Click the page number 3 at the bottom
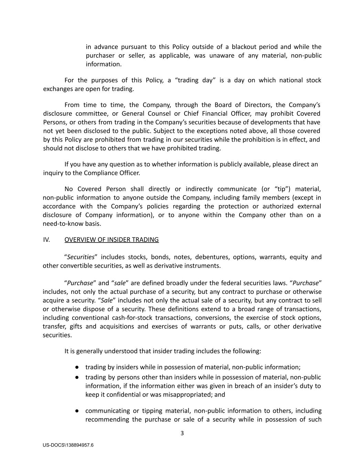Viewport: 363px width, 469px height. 182,433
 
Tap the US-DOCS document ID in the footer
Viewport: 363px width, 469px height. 68,445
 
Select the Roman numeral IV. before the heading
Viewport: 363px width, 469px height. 46,239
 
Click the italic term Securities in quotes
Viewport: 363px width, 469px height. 81,257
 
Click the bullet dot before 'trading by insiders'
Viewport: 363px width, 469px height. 78,367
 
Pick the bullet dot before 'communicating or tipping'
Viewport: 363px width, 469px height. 78,411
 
